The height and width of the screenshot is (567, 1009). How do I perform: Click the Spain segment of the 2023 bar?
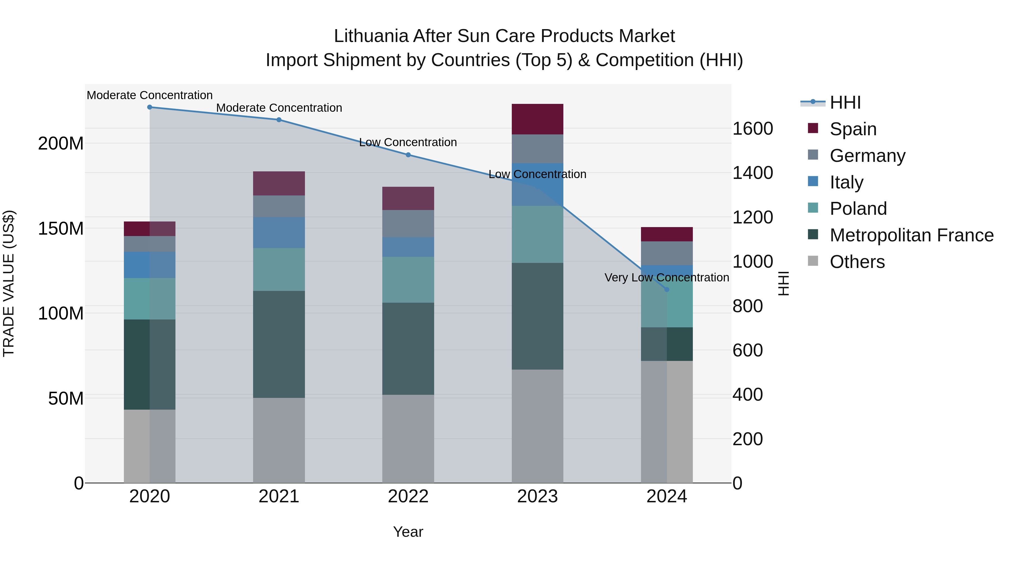coord(537,119)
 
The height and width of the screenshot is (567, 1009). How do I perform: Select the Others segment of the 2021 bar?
coord(279,440)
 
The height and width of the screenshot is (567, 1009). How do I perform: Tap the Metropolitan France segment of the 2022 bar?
coord(408,348)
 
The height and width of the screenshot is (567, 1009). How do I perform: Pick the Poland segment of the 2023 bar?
coord(537,234)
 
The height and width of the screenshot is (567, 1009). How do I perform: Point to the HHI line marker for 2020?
coord(150,107)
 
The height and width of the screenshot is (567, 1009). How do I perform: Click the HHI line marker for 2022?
coord(408,155)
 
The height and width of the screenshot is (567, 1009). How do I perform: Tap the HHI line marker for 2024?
coord(667,290)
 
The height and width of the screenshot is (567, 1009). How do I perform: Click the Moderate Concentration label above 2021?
coord(279,108)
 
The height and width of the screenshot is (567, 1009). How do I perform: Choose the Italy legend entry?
coord(846,182)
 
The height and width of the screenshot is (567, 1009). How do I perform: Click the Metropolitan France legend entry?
coord(911,235)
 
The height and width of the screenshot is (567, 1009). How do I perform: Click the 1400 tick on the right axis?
coord(753,173)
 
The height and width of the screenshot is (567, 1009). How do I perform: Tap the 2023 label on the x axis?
coord(537,496)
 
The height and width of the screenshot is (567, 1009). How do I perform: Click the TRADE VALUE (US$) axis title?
coord(9,283)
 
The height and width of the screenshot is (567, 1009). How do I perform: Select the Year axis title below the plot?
coord(408,532)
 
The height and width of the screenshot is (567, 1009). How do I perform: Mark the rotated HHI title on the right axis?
coord(783,283)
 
